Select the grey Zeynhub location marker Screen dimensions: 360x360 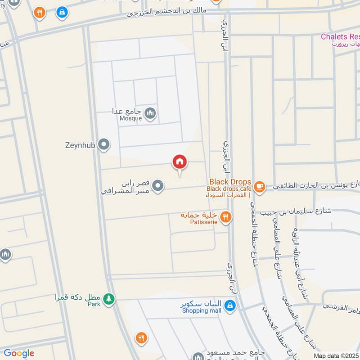104,145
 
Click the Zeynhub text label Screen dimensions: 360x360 80,145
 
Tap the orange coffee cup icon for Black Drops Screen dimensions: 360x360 259,185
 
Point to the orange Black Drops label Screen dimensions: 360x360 229,182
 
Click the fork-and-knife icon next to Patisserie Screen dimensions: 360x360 226,217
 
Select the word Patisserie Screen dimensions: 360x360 205,222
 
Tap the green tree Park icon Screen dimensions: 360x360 108,298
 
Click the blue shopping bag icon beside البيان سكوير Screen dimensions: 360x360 230,306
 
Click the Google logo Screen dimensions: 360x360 18,353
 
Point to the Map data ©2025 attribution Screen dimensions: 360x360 336,355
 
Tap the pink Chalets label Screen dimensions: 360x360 340,36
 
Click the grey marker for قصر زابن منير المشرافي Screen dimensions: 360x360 157,185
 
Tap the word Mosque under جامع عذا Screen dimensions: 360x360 130,119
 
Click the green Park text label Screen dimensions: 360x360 94,304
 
